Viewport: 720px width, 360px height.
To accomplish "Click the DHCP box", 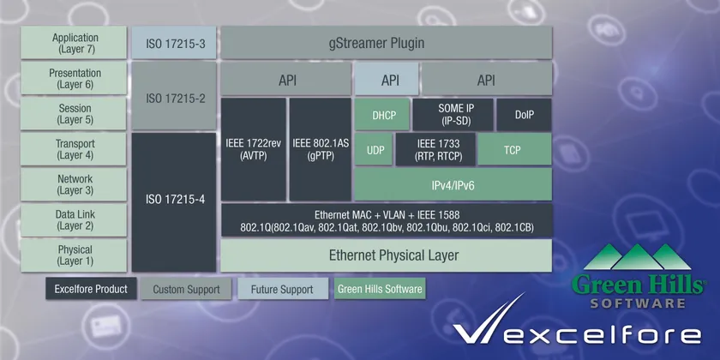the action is (x=381, y=114).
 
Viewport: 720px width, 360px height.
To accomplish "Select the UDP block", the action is (x=374, y=149).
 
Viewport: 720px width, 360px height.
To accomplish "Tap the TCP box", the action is (x=514, y=149).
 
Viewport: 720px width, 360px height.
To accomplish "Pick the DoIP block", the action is (x=524, y=114).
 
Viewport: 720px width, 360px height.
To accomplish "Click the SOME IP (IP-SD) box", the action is (x=453, y=114).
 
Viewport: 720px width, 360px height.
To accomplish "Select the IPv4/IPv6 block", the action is (x=453, y=184).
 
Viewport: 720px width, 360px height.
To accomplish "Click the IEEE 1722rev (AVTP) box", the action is (x=254, y=149).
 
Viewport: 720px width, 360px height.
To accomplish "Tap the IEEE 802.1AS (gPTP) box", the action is (x=320, y=149).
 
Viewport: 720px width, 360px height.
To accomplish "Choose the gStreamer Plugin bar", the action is (x=387, y=43).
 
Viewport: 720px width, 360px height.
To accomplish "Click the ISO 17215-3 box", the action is (x=173, y=43).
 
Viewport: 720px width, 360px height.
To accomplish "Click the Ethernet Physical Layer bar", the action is (x=387, y=255).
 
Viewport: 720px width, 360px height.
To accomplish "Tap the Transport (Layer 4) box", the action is (x=74, y=149).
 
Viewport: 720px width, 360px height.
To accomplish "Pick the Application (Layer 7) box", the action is (x=74, y=43).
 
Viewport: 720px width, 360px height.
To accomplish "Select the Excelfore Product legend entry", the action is (x=91, y=289).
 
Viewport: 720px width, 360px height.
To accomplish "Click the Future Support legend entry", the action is (x=282, y=289).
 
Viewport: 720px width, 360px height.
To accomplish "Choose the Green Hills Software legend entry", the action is (x=380, y=289).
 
